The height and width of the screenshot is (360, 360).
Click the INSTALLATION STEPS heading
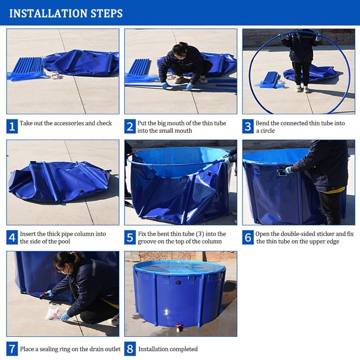click(x=66, y=13)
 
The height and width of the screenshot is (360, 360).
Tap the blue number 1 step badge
click(x=12, y=126)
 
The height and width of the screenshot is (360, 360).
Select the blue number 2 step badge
click(x=130, y=126)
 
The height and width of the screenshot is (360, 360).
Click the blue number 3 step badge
click(x=248, y=126)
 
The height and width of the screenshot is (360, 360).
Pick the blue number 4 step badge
click(x=12, y=238)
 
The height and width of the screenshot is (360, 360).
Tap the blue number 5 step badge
click(x=130, y=238)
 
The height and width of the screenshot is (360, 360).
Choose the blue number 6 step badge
click(x=248, y=238)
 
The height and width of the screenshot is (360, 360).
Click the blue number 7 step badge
click(x=12, y=349)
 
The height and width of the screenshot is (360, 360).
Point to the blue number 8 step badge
click(x=130, y=349)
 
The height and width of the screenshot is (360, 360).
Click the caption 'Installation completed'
click(x=168, y=349)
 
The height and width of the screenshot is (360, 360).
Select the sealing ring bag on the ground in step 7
click(x=53, y=312)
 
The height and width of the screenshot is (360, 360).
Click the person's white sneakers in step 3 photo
click(x=302, y=89)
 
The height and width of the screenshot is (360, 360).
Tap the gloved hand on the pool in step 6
click(x=288, y=170)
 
